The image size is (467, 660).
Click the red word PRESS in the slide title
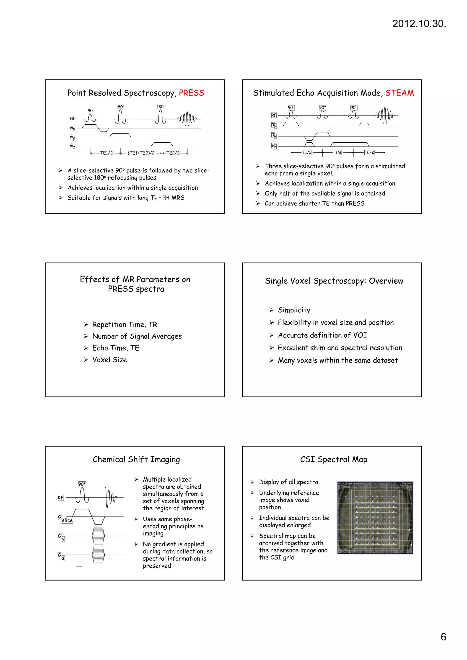[191, 93]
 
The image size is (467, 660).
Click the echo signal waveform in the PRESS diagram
[187, 118]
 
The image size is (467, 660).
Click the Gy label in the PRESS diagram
[73, 137]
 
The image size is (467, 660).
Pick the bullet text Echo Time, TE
[115, 348]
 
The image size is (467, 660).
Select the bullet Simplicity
[294, 310]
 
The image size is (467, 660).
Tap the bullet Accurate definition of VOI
[322, 335]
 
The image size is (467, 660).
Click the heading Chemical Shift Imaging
[136, 459]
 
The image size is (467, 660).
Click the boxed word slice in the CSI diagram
[67, 520]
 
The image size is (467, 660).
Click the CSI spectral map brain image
[375, 517]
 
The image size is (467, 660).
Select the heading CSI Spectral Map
[333, 459]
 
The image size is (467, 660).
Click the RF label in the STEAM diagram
[274, 115]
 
